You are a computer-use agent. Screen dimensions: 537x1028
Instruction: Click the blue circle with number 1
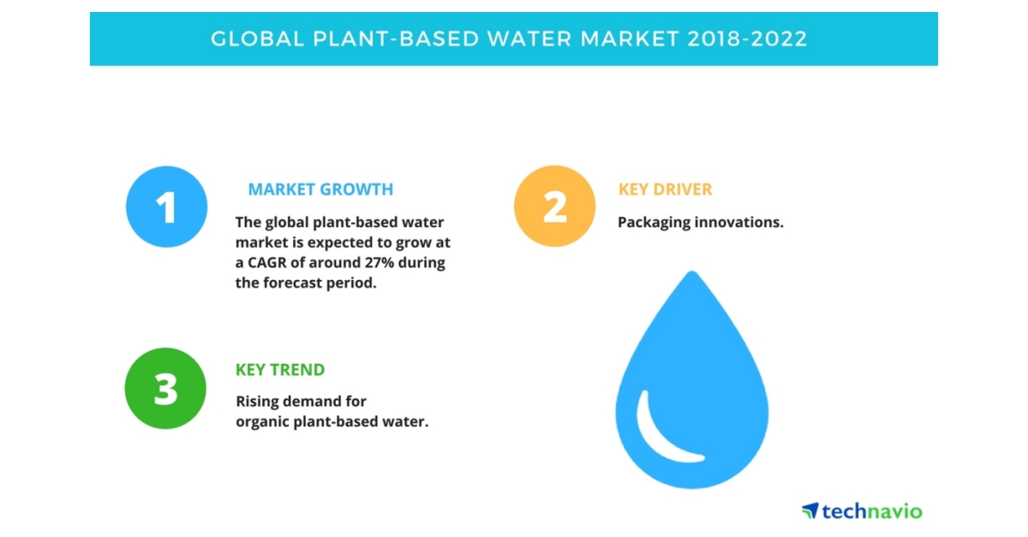[x=167, y=206]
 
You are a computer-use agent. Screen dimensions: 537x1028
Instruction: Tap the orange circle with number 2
[x=554, y=206]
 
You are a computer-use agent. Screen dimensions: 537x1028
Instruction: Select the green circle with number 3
[x=165, y=388]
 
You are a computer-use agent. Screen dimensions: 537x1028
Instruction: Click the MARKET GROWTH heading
[x=320, y=189]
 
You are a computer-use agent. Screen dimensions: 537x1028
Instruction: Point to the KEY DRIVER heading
[x=665, y=189]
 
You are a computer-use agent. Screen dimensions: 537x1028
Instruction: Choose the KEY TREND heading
[x=280, y=370]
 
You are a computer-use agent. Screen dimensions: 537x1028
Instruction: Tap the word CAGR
[x=267, y=263]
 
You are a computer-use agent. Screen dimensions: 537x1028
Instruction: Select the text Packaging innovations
[x=701, y=222]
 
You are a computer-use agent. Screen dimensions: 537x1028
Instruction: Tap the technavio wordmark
[x=872, y=511]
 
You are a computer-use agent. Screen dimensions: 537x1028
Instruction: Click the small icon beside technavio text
[x=810, y=510]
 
